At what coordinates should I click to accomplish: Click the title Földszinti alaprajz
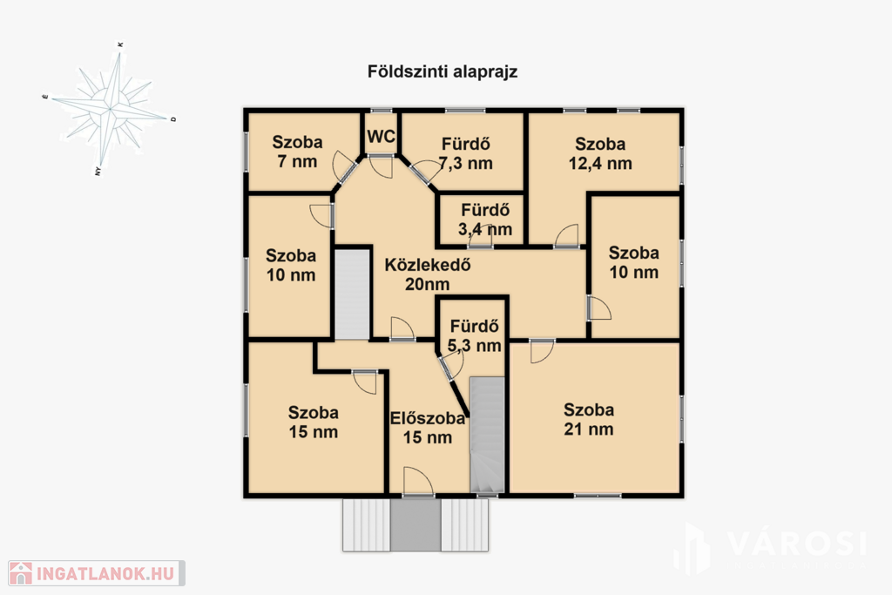click(x=442, y=72)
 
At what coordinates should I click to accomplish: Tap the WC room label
click(x=382, y=137)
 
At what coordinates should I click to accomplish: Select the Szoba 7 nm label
click(x=297, y=152)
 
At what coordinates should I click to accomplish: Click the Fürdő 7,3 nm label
click(x=465, y=153)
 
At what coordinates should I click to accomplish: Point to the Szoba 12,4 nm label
click(x=600, y=153)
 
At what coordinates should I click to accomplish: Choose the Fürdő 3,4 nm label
click(x=485, y=220)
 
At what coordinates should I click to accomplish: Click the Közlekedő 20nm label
click(x=427, y=274)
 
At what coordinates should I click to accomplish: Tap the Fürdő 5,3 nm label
click(x=475, y=335)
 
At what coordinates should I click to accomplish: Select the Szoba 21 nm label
click(x=589, y=419)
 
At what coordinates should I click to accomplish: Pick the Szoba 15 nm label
click(x=313, y=422)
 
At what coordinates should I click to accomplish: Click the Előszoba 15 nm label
click(x=427, y=428)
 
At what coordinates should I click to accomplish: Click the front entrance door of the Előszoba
click(x=418, y=483)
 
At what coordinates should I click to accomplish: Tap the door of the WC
click(x=382, y=166)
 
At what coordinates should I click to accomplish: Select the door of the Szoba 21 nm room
click(x=542, y=351)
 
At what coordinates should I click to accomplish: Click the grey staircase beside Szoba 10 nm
click(x=352, y=294)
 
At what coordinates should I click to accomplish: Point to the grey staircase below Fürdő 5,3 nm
click(x=488, y=435)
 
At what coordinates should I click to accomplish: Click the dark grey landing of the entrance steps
click(x=416, y=525)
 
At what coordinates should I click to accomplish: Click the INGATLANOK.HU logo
click(x=96, y=573)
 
